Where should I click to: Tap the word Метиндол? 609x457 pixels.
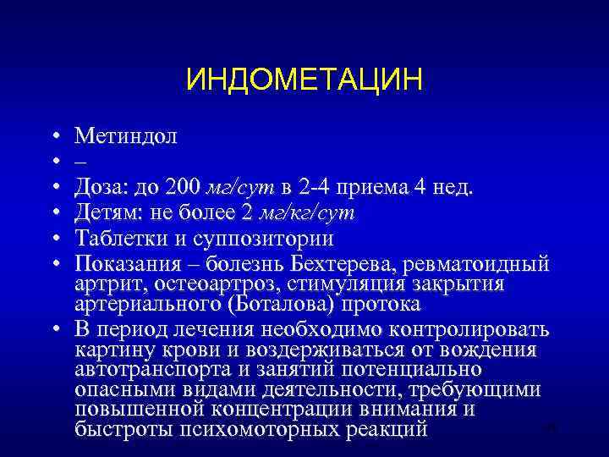[126, 136]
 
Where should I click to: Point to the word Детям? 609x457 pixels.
[106, 212]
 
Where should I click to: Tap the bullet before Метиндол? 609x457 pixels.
[52, 137]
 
